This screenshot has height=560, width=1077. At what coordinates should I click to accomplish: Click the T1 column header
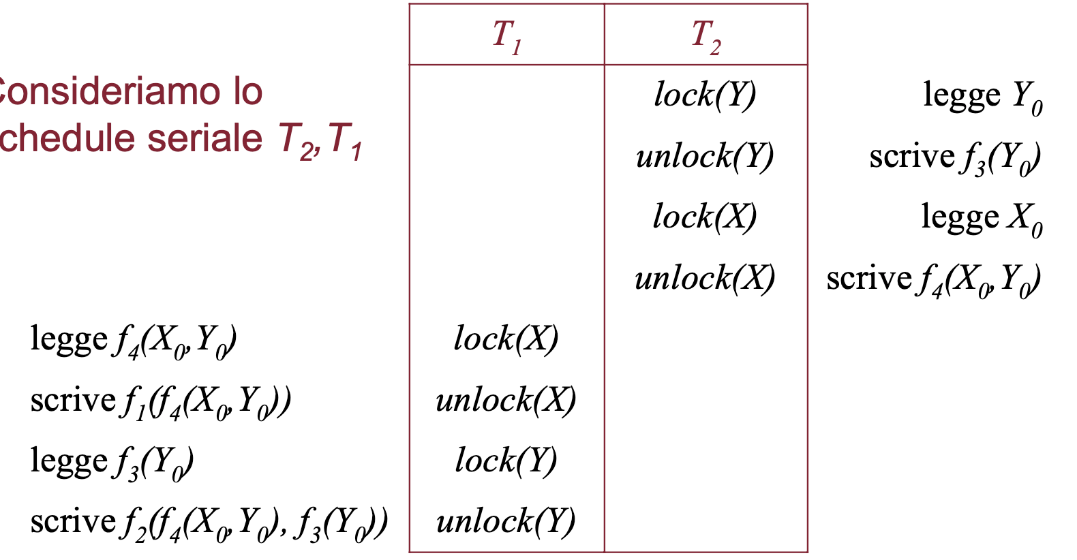pyautogui.click(x=506, y=35)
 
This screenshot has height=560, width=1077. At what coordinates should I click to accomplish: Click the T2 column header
pyautogui.click(x=706, y=35)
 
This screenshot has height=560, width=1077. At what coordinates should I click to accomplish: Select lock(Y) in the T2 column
pyautogui.click(x=705, y=95)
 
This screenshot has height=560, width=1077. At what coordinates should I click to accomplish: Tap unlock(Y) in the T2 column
pyautogui.click(x=705, y=156)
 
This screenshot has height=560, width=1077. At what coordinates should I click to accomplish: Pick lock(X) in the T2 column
pyautogui.click(x=705, y=217)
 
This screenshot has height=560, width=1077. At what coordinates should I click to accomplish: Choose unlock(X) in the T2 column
pyautogui.click(x=705, y=278)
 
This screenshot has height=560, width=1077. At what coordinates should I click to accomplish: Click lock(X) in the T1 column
pyautogui.click(x=506, y=339)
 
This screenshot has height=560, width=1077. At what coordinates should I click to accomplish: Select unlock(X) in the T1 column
pyautogui.click(x=506, y=400)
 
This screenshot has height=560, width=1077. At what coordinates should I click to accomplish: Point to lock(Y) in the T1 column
pyautogui.click(x=506, y=461)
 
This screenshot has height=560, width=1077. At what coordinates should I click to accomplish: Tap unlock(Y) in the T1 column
pyautogui.click(x=506, y=522)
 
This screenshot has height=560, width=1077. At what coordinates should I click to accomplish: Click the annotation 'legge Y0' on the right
pyautogui.click(x=982, y=96)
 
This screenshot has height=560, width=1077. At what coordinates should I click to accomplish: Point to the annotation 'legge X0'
pyautogui.click(x=982, y=218)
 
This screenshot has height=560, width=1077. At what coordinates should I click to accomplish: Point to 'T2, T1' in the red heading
pyautogui.click(x=320, y=140)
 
